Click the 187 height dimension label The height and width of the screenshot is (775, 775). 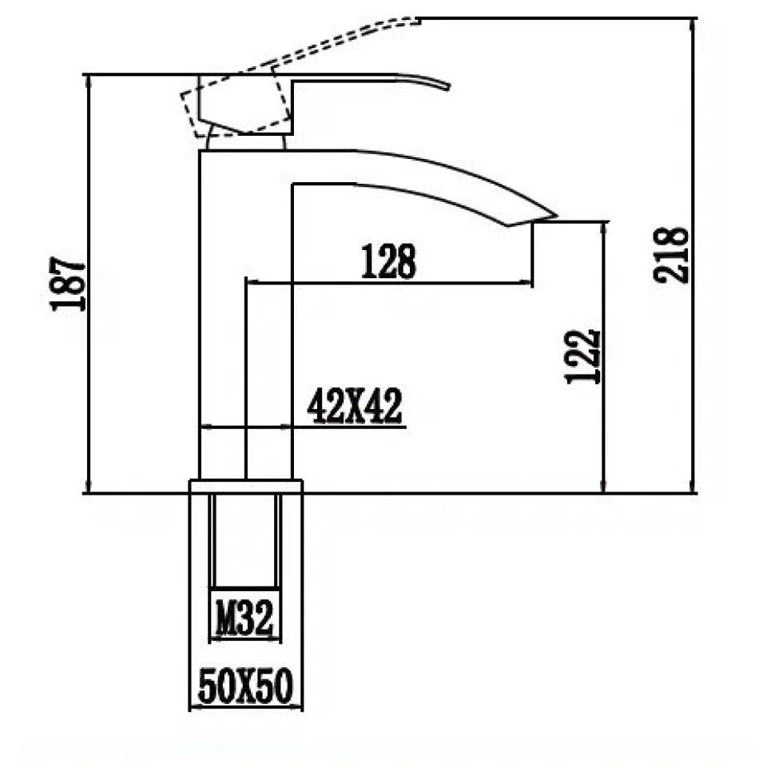click(x=68, y=284)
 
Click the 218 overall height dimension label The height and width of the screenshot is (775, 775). click(x=671, y=255)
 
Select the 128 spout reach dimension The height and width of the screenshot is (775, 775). click(x=388, y=261)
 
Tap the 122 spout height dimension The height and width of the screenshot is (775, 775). click(x=582, y=356)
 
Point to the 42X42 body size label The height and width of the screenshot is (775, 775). click(x=354, y=409)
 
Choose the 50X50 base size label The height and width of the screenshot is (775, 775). click(x=245, y=687)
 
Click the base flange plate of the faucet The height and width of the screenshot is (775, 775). click(x=245, y=487)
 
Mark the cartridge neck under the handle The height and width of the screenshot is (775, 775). click(x=245, y=142)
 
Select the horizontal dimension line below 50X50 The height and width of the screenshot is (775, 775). click(x=245, y=706)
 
